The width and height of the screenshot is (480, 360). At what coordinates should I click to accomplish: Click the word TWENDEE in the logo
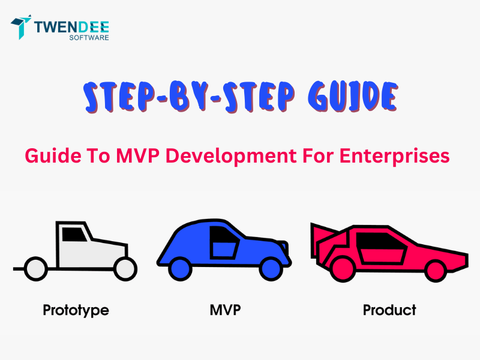click(71, 25)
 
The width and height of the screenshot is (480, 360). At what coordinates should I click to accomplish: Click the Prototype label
click(76, 310)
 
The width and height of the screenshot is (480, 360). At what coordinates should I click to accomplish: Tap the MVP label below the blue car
click(226, 310)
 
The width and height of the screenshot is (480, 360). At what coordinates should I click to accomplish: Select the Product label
click(389, 310)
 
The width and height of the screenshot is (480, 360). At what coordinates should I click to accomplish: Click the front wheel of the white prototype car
click(125, 268)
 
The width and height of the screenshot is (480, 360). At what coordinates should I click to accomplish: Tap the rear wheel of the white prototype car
click(35, 268)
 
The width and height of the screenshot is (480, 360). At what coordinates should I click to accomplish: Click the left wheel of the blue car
click(180, 268)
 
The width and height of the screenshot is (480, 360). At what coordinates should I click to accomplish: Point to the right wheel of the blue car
click(271, 268)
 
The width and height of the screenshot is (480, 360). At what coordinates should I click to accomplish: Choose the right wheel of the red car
click(435, 269)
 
